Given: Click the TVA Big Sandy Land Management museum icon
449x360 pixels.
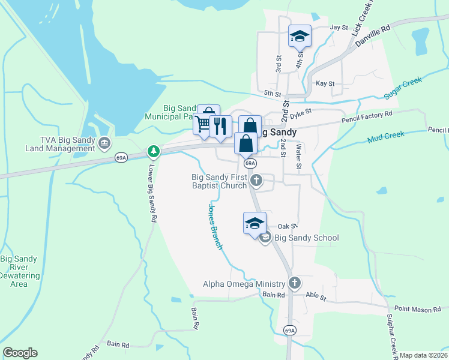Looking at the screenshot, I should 104,143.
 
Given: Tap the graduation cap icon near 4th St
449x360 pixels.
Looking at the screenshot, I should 299,36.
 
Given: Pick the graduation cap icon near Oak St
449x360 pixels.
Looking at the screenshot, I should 255,223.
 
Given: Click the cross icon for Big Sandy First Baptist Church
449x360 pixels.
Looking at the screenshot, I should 256,179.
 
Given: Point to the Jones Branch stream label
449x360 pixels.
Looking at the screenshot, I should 215,227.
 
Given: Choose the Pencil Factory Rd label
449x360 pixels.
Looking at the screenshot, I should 367,113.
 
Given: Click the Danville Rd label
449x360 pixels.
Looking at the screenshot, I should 373,36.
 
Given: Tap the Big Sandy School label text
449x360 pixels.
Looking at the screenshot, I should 307,238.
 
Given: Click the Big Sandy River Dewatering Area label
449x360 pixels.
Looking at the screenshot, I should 19,271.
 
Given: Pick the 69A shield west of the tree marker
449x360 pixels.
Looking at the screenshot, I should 121,157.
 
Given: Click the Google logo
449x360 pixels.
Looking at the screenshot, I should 20,353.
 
